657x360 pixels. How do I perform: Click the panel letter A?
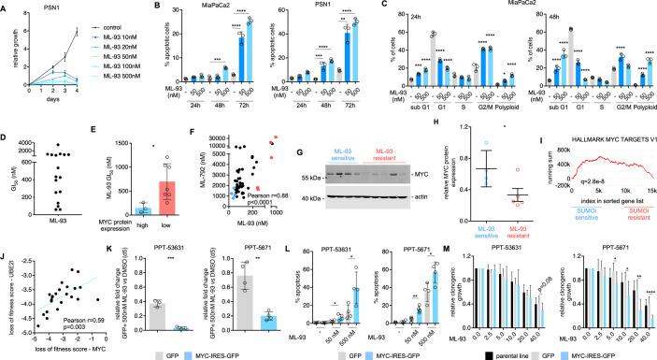point(5,7)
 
